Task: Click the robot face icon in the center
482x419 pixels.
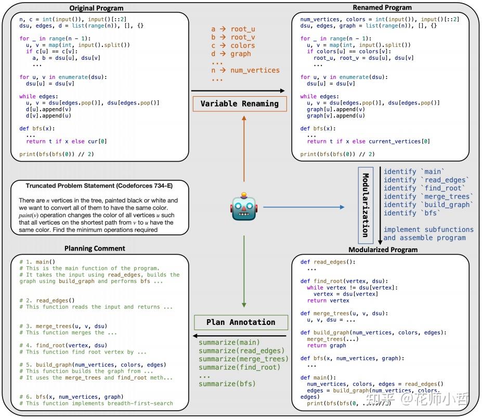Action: click(x=244, y=207)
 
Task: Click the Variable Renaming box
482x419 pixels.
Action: click(x=240, y=103)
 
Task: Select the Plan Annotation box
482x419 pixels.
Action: click(x=241, y=322)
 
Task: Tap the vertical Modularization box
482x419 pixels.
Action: click(x=366, y=205)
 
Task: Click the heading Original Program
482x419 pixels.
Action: click(x=96, y=8)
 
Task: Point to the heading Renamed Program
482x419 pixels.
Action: click(x=382, y=7)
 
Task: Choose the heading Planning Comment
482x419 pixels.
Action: click(x=95, y=248)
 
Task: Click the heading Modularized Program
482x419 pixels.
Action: click(x=383, y=250)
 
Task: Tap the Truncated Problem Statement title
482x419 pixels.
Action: click(x=99, y=186)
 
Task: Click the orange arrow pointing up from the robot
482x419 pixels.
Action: click(x=244, y=149)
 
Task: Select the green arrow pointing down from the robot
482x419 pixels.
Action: click(x=244, y=271)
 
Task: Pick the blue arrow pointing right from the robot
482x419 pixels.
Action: click(x=304, y=207)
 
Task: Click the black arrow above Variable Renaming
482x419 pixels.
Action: click(x=238, y=90)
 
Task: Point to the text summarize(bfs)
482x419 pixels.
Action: click(x=227, y=384)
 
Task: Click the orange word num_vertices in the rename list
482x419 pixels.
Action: click(x=255, y=70)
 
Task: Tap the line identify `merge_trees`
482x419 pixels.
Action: click(x=428, y=197)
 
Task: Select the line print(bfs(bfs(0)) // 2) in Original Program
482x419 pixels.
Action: click(x=57, y=154)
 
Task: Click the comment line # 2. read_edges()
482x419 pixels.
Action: click(x=47, y=300)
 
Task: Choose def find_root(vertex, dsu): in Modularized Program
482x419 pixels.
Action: click(x=344, y=281)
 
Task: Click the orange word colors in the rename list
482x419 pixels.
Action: click(x=243, y=46)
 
